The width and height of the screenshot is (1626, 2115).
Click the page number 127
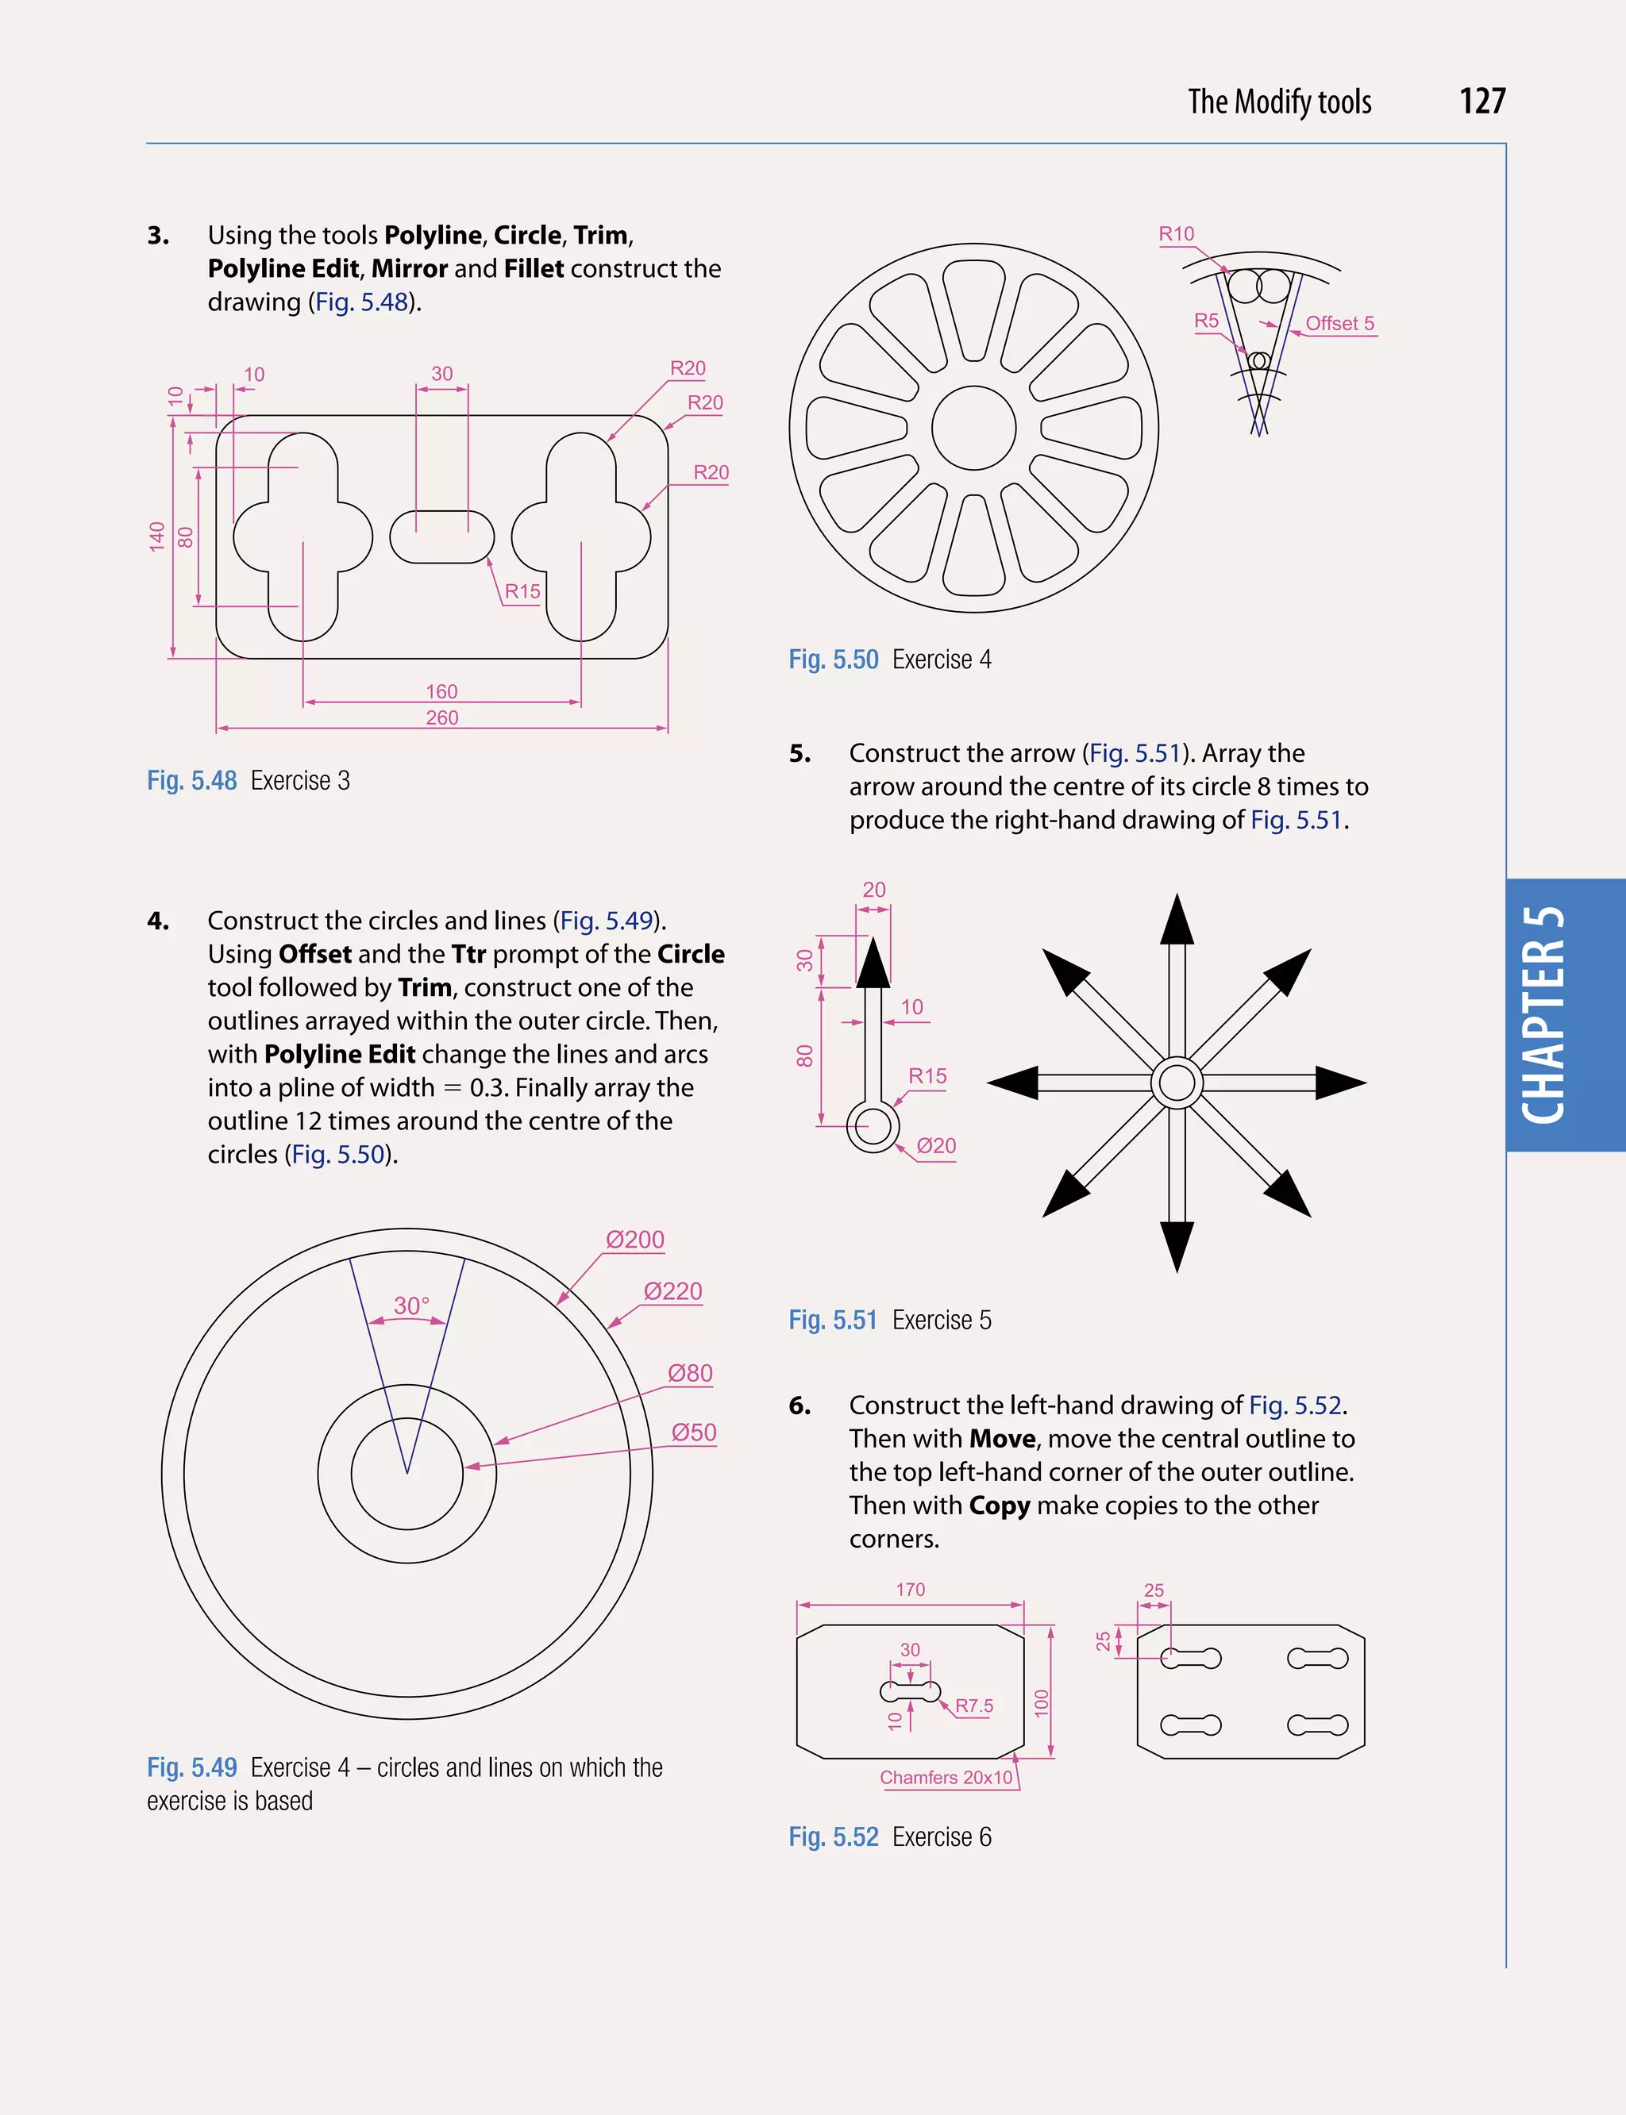[1482, 102]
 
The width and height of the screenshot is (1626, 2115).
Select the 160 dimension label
[441, 690]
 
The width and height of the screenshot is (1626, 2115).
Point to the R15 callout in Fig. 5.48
[522, 591]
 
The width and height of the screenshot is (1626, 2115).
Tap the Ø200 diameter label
[635, 1240]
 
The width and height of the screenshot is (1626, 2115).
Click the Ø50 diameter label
[694, 1432]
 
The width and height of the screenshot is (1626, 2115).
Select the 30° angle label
[411, 1306]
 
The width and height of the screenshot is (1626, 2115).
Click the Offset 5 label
[1339, 323]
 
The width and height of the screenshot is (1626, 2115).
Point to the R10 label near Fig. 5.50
[1176, 234]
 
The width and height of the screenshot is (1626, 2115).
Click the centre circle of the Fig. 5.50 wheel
[973, 428]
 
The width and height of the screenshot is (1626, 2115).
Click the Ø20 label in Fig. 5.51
[936, 1145]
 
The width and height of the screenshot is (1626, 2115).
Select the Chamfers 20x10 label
[946, 1778]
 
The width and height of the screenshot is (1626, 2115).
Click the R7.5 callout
[973, 1705]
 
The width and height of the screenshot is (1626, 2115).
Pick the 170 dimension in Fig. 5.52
[910, 1590]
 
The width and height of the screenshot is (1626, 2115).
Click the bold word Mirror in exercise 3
[410, 268]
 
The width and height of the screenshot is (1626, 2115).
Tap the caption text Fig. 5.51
[832, 1320]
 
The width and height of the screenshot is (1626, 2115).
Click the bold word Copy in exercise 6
[999, 1505]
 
